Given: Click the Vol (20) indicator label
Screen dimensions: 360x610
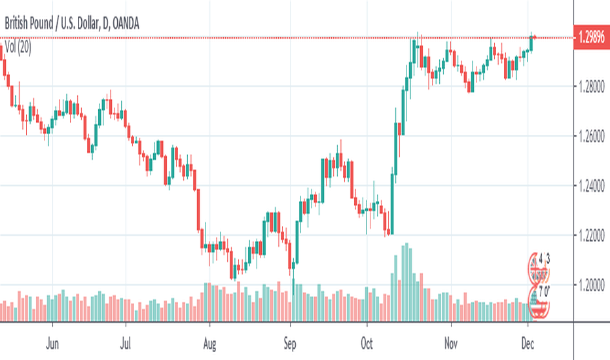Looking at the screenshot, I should point(19,47).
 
